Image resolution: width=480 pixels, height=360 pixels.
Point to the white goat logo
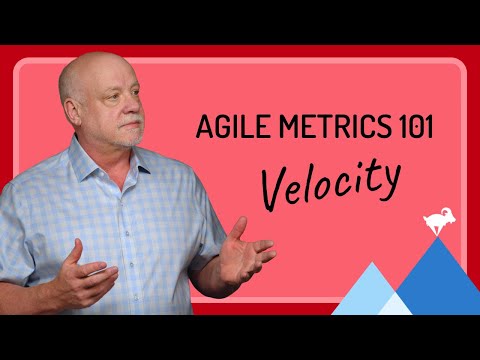pos(436,221)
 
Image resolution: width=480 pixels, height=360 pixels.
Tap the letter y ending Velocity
pos(390,185)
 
